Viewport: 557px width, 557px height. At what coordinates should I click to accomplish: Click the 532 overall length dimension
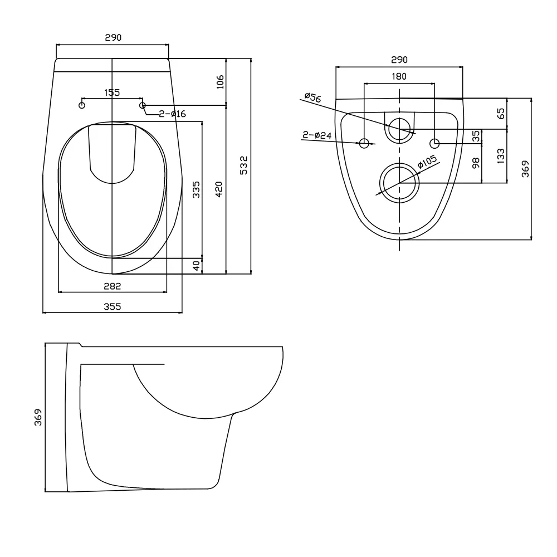click(x=244, y=165)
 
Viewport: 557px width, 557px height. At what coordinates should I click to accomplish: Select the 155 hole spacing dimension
click(x=112, y=92)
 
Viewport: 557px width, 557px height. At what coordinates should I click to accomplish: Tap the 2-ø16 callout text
click(x=172, y=114)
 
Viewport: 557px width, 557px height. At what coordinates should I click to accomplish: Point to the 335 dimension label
click(x=196, y=189)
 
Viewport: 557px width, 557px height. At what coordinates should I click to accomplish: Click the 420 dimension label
click(x=219, y=189)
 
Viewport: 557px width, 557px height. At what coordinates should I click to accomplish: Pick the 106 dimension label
click(x=220, y=82)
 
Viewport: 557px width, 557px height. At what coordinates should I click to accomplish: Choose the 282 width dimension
click(x=113, y=286)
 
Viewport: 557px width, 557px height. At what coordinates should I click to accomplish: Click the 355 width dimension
click(x=113, y=306)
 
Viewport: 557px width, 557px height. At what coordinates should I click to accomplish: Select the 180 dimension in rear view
click(x=399, y=76)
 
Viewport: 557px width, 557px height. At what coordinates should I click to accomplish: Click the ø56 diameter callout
click(x=312, y=97)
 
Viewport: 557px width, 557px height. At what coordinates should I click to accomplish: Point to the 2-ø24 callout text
click(x=317, y=135)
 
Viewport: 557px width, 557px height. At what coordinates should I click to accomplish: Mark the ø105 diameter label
click(x=427, y=162)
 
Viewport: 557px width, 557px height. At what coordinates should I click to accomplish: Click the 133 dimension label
click(x=501, y=156)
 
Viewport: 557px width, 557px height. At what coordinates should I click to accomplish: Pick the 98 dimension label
click(x=476, y=163)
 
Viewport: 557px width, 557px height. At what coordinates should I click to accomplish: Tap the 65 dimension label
click(x=501, y=113)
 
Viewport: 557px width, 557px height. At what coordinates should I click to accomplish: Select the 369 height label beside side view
click(x=38, y=417)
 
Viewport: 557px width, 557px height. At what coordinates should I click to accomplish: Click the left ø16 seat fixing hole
click(x=82, y=105)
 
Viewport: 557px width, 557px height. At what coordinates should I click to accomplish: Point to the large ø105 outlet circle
click(x=399, y=183)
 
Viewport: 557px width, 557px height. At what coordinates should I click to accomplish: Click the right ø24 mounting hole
click(x=434, y=144)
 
